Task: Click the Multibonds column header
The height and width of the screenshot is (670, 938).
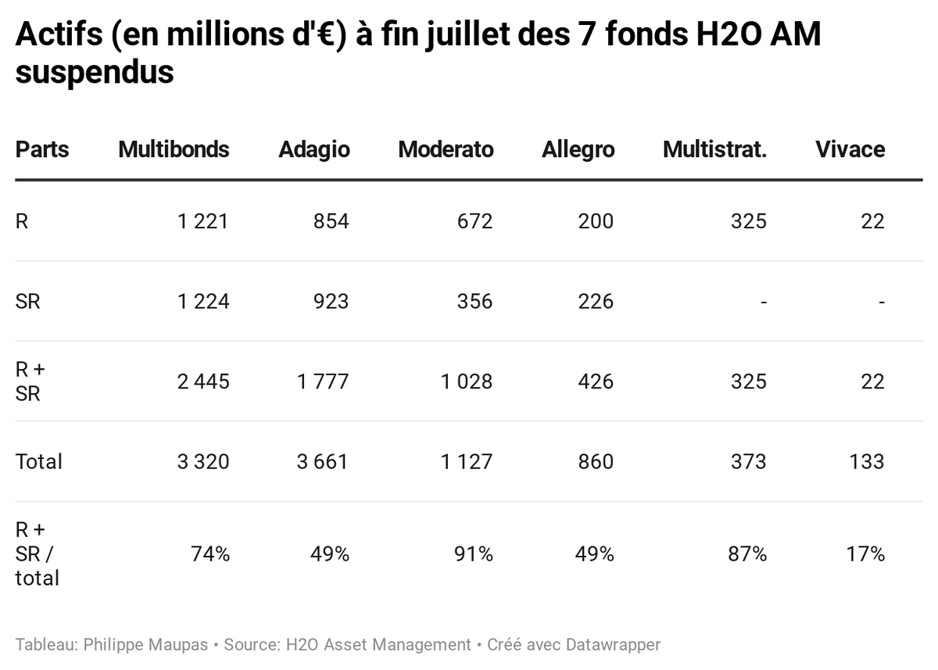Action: coord(174,149)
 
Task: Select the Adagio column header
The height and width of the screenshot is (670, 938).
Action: coord(314,149)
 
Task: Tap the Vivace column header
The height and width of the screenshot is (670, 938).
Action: coord(850,149)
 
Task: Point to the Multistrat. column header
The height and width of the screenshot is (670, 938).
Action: coord(714,149)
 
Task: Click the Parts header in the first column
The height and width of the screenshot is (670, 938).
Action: coord(42,149)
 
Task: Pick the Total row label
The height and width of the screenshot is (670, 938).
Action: coord(38,461)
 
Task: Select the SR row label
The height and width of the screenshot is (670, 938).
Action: coord(27,301)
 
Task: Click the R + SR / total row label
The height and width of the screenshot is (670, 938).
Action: coord(37,554)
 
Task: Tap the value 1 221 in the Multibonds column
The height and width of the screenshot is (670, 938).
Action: coord(203,221)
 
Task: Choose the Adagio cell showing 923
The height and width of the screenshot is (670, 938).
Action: coord(331,301)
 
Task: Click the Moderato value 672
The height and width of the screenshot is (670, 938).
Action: coord(474,221)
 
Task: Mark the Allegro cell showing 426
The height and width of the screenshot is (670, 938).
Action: coord(596,382)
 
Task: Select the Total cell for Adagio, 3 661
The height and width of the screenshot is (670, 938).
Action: coord(322,461)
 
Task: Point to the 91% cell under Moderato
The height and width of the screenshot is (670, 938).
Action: coord(474,554)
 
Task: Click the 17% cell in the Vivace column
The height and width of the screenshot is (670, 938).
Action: coord(866,554)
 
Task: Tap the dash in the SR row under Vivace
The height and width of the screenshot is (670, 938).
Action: coord(881,301)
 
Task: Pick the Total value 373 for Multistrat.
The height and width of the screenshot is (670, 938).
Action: coord(748,461)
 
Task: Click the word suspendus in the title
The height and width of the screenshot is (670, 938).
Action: coord(94,73)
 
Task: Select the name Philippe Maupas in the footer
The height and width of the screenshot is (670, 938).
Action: coord(145,645)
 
